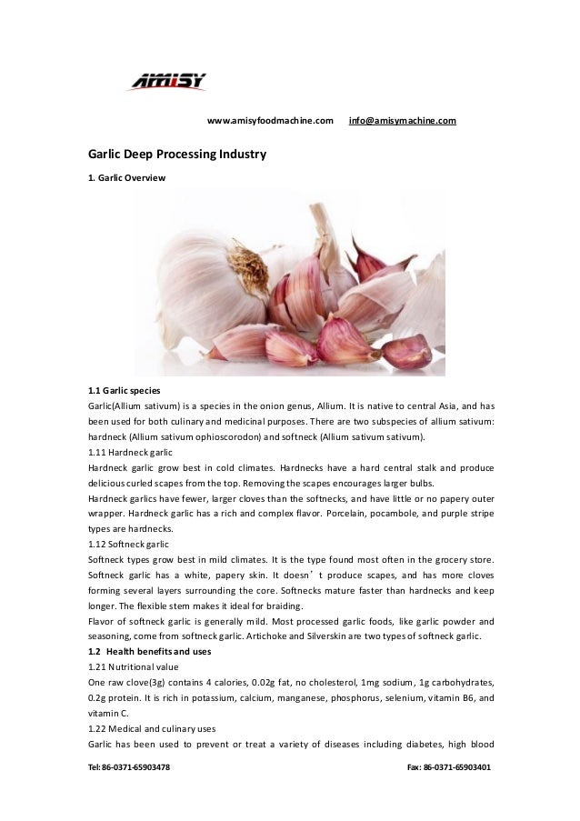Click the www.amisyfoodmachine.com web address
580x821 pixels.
coord(270,120)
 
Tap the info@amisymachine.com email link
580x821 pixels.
coord(403,120)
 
